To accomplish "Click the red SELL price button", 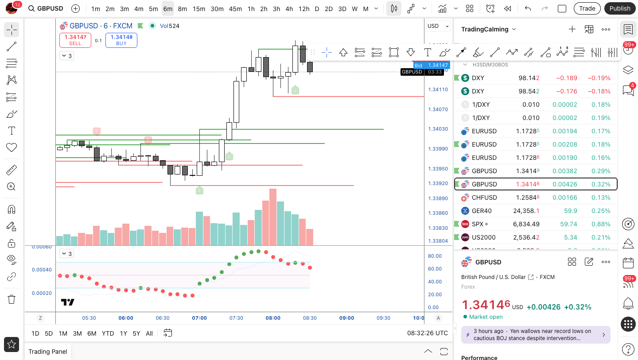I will (x=75, y=40).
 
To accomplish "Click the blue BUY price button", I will (x=121, y=40).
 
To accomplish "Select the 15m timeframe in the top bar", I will (x=199, y=9).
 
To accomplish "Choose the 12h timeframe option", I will (x=304, y=9).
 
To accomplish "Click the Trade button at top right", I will (x=587, y=8).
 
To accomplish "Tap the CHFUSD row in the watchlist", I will (x=484, y=197).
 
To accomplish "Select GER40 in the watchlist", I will (x=482, y=211).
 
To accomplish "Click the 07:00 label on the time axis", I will (x=199, y=318).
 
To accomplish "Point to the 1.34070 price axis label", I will (x=438, y=109).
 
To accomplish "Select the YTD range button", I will (x=108, y=333).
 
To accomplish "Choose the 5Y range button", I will (x=136, y=333).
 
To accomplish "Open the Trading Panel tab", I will (x=48, y=352).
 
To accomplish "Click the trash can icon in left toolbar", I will (x=12, y=299).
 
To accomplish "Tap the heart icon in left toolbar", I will (x=12, y=147).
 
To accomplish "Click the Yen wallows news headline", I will (x=532, y=334).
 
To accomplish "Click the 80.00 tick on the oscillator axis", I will (x=435, y=256).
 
